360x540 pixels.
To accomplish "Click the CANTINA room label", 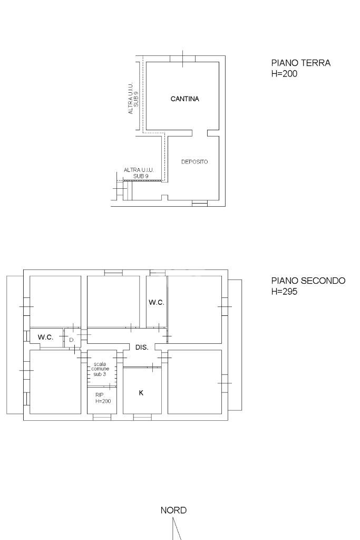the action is [185, 99].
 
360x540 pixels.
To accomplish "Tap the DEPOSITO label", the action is [194, 161].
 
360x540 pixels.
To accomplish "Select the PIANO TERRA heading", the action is [301, 63].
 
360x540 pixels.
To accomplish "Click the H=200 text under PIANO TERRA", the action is [284, 73].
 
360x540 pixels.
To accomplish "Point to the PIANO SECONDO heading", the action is [308, 281].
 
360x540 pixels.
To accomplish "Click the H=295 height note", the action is [284, 291].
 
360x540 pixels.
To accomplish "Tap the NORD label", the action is [173, 510].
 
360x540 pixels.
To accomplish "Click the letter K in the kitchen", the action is [141, 392].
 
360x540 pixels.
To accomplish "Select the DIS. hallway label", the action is [142, 348].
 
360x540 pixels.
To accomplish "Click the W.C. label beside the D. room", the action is [45, 337].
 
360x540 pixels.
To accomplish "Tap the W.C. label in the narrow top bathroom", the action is [156, 302].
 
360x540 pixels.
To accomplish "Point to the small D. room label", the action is [72, 340].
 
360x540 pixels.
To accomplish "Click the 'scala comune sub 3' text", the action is [100, 369].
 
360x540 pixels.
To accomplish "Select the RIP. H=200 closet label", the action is [103, 398].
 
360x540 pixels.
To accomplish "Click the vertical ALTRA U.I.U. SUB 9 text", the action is [133, 98].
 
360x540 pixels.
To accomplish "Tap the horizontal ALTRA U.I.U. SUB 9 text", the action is [139, 173].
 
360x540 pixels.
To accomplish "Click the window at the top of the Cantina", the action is [182, 59].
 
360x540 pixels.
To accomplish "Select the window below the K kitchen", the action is [142, 417].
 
